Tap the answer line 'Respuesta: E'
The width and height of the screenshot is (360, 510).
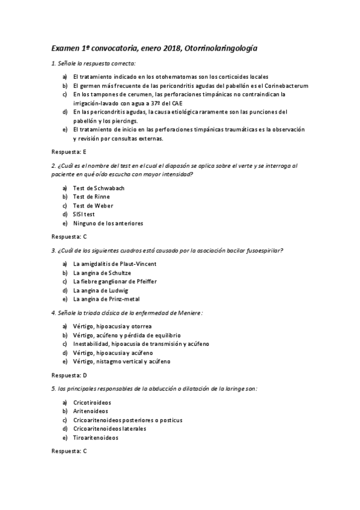point(70,152)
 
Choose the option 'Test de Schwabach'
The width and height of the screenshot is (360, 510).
point(99,188)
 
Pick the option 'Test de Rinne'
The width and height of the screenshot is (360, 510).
point(91,197)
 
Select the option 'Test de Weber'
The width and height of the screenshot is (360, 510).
point(93,206)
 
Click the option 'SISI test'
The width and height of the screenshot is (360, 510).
point(84,214)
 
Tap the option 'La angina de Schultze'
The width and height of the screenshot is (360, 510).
point(102,272)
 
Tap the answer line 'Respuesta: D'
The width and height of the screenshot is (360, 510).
point(70,375)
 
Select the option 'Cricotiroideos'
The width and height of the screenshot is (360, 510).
point(92,402)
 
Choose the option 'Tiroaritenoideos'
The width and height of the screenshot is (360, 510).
point(96,438)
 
